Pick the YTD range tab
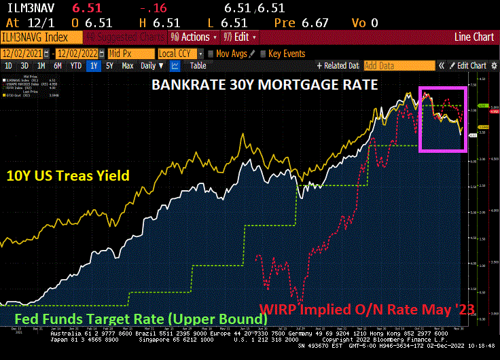click(76, 66)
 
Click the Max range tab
click(128, 66)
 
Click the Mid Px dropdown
click(128, 53)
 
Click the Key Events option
click(286, 53)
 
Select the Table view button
click(198, 66)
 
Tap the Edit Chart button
click(468, 66)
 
